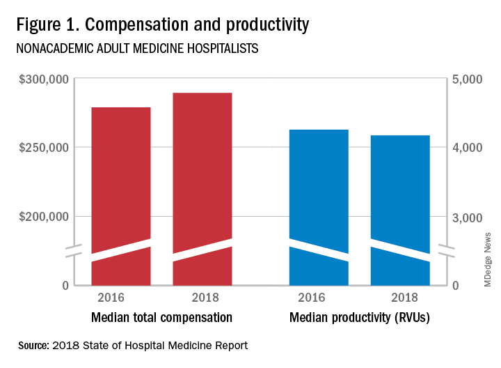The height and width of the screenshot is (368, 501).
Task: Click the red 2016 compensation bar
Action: tap(121, 181)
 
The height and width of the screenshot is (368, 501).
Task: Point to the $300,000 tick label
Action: tap(43, 79)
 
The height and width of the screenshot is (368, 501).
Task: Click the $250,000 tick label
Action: tap(43, 148)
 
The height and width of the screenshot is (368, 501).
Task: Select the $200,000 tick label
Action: tap(43, 217)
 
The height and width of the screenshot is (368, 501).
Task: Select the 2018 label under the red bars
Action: tap(202, 298)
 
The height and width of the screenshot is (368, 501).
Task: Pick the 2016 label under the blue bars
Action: tap(319, 298)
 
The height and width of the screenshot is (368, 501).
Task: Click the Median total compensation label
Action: tap(162, 319)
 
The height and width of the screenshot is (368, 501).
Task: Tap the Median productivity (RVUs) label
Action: tap(359, 319)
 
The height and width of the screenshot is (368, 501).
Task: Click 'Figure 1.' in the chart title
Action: tap(51, 25)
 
